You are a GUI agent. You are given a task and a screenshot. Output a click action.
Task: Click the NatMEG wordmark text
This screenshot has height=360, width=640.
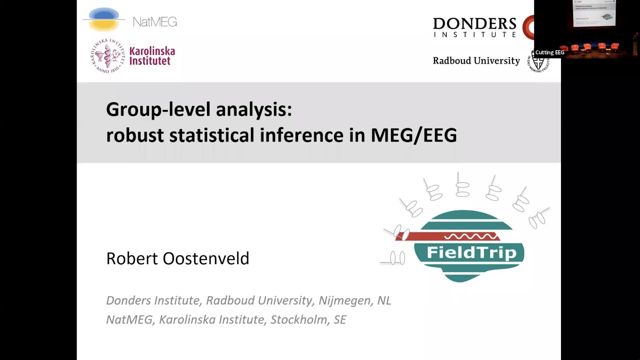coord(154,22)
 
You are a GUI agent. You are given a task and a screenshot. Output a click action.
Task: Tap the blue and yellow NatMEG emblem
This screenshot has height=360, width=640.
coord(103,19)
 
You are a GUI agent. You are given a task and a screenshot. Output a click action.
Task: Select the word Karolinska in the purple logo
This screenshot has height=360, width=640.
coord(152,51)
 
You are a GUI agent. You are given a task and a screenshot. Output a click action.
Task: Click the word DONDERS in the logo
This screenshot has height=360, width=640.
coord(474,23)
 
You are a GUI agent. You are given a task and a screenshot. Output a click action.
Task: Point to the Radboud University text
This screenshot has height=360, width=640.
coord(476,60)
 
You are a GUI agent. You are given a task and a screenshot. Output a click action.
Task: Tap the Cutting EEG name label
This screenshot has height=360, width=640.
coord(549,52)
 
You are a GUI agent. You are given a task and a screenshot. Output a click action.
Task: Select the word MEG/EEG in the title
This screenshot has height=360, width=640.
coord(413,135)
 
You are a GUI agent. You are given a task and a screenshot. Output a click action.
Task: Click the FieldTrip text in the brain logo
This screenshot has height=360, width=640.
coord(471,252)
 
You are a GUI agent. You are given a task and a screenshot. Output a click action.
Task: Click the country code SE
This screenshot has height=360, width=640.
coord(339,319)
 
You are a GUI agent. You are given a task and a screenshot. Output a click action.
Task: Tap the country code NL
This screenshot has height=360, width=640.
coord(384,300)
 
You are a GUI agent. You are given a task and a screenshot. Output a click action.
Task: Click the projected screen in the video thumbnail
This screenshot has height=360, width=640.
coord(594,13)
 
